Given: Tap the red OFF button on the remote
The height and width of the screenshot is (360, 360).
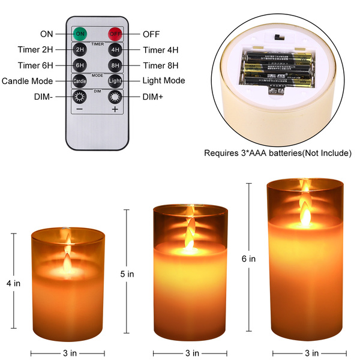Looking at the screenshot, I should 115,34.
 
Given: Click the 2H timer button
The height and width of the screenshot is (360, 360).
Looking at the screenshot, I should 80,50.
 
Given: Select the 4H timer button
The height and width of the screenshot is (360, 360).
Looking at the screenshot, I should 115,50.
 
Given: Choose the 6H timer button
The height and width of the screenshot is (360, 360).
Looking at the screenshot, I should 80,65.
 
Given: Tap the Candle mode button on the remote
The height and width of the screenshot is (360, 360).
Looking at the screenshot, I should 80,81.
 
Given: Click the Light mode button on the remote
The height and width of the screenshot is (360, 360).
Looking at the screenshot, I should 115,81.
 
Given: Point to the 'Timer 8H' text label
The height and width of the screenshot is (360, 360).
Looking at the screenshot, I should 163,65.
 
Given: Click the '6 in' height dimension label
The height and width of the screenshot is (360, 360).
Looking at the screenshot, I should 248,259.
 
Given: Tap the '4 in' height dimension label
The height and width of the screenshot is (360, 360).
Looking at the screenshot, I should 12,282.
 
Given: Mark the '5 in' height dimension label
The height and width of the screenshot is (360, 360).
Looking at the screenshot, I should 127,274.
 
